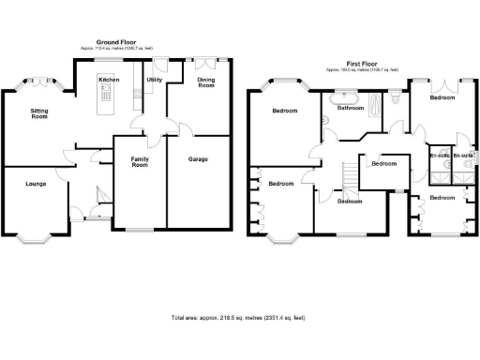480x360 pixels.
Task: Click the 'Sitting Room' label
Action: (40, 114)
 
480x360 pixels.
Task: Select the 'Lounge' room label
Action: (35, 184)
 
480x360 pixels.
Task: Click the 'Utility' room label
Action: (155, 80)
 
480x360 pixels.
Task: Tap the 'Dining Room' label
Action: (206, 83)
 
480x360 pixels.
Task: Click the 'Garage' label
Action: (198, 159)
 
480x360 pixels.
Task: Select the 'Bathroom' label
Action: (351, 108)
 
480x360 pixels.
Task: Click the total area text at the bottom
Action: (240, 318)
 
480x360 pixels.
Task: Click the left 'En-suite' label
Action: (439, 155)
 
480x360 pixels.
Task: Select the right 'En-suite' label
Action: (463, 155)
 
